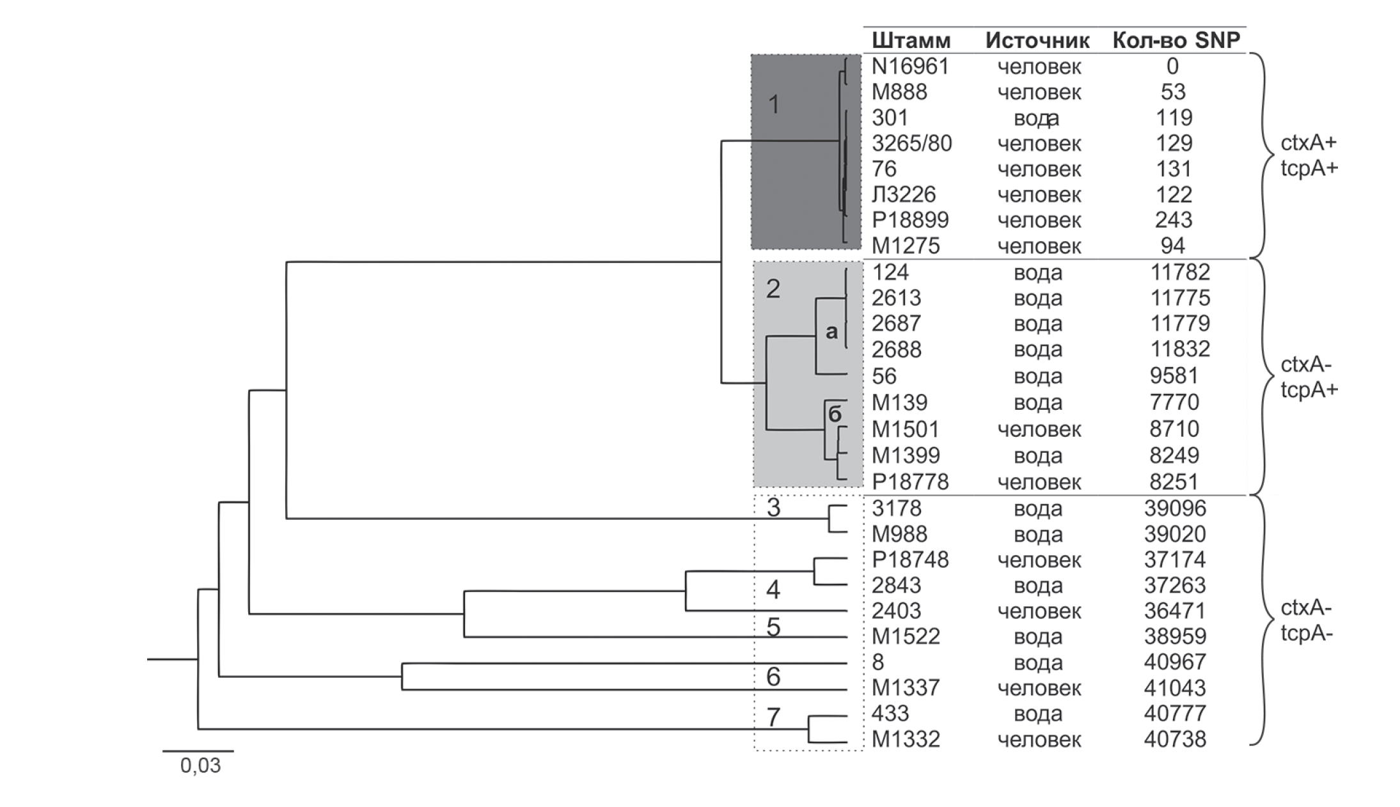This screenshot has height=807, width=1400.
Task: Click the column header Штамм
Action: pyautogui.click(x=911, y=41)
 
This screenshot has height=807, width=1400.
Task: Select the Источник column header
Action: pyautogui.click(x=1037, y=41)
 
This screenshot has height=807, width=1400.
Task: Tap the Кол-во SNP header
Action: pyautogui.click(x=1176, y=41)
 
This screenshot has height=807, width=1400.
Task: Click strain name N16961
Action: pyautogui.click(x=910, y=67)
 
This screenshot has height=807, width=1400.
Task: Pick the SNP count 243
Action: pyautogui.click(x=1174, y=220)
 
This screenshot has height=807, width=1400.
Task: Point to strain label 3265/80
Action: pyautogui.click(x=911, y=143)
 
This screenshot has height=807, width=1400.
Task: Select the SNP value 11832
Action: pyautogui.click(x=1180, y=349)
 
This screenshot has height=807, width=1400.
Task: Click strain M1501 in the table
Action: pyautogui.click(x=906, y=429)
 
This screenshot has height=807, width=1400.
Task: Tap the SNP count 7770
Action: pyautogui.click(x=1174, y=402)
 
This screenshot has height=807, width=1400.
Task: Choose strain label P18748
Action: pyautogui.click(x=910, y=560)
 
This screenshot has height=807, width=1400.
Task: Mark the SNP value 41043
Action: pyautogui.click(x=1175, y=688)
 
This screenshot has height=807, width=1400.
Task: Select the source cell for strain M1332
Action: pyautogui.click(x=1039, y=740)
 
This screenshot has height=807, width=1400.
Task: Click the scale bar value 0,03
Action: pyautogui.click(x=200, y=765)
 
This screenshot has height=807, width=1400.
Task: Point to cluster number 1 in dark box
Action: pyautogui.click(x=774, y=104)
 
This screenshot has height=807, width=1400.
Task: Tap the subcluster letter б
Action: pyautogui.click(x=835, y=414)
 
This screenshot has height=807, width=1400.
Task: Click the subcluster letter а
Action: pyautogui.click(x=831, y=331)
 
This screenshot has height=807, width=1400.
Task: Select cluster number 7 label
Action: pyautogui.click(x=773, y=717)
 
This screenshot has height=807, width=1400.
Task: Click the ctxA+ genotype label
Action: pyautogui.click(x=1308, y=143)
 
